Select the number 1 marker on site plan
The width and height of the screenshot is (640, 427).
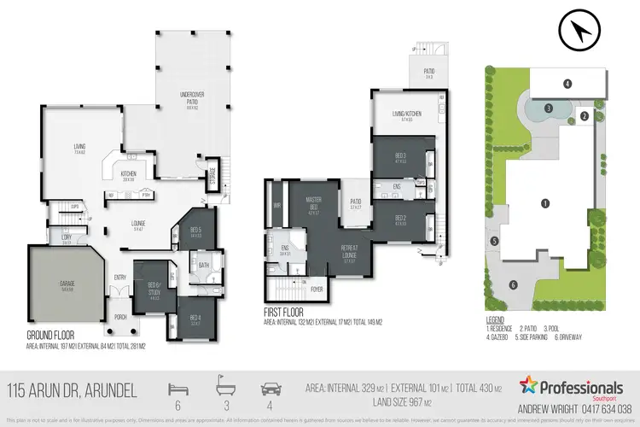[543, 203]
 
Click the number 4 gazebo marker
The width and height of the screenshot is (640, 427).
[567, 83]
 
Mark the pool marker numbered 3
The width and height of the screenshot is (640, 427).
[549, 108]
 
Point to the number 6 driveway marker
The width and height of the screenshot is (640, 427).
[513, 285]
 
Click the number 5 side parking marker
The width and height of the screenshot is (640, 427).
[494, 242]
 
